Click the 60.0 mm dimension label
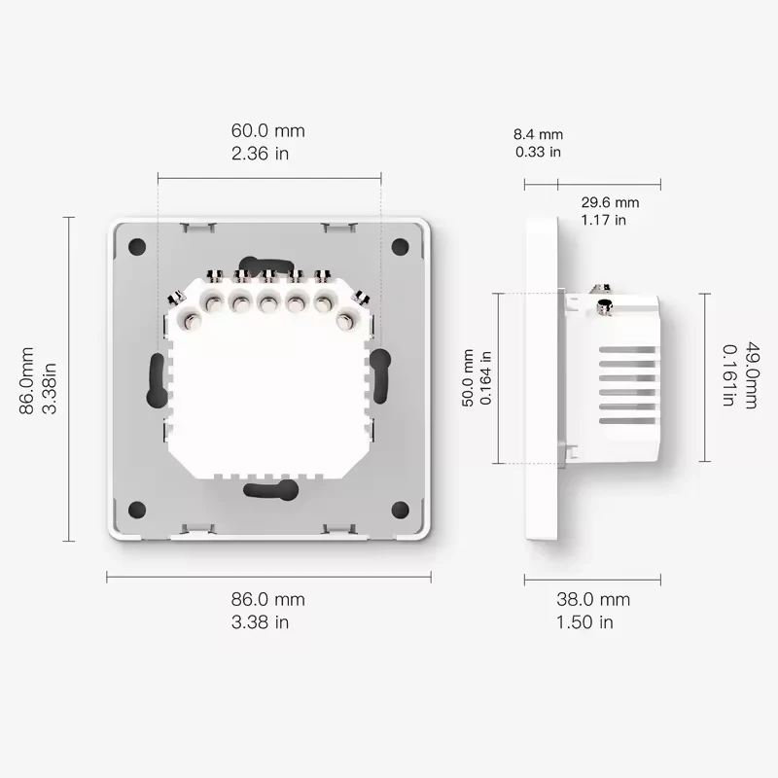click(x=267, y=130)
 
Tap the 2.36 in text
click(x=260, y=154)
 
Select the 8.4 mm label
click(x=539, y=134)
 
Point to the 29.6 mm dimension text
click(x=610, y=202)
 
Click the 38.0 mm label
click(x=592, y=600)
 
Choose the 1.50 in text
click(x=584, y=622)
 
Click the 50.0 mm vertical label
click(x=468, y=379)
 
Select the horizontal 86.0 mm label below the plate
click(x=267, y=600)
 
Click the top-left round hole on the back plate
click(x=137, y=247)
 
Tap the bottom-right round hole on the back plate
click(x=400, y=510)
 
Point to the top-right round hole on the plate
click(x=400, y=247)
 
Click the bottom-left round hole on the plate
click(x=137, y=510)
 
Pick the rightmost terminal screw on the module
click(x=345, y=318)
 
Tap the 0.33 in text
click(x=538, y=152)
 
